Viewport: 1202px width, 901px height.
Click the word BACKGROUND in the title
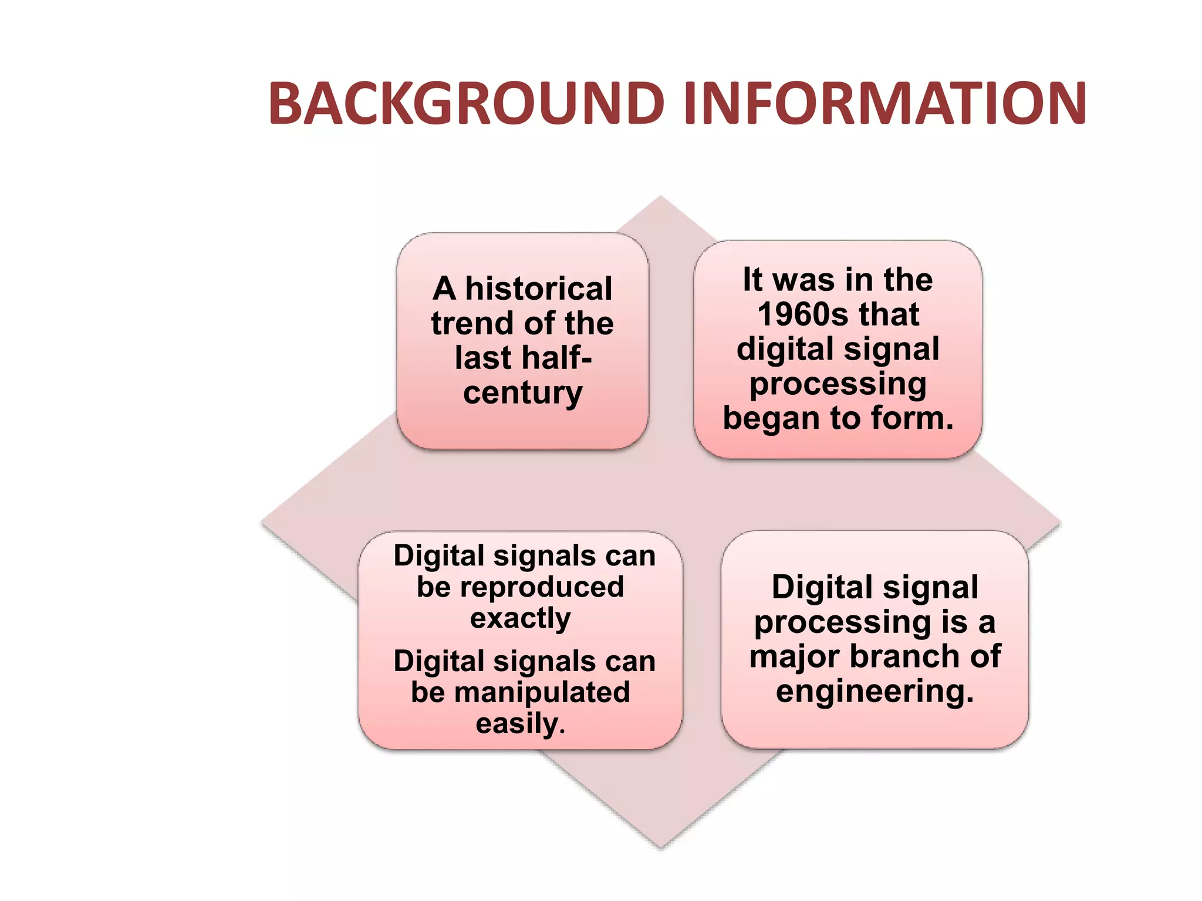pyautogui.click(x=467, y=104)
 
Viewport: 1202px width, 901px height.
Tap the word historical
pyautogui.click(x=539, y=289)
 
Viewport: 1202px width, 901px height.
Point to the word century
pyautogui.click(x=522, y=392)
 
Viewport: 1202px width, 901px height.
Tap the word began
pyautogui.click(x=771, y=419)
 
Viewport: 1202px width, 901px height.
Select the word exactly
pyautogui.click(x=520, y=618)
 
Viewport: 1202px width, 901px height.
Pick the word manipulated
pyautogui.click(x=542, y=692)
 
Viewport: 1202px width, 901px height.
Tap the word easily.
pyautogui.click(x=520, y=723)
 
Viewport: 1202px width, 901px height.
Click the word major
pyautogui.click(x=795, y=657)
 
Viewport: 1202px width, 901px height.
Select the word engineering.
pyautogui.click(x=875, y=691)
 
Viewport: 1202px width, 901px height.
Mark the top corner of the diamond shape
pyautogui.click(x=661, y=197)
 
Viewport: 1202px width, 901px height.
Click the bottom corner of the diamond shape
pyautogui.click(x=660, y=846)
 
